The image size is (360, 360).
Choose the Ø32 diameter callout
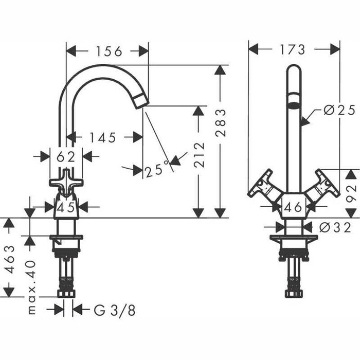[x=334, y=227]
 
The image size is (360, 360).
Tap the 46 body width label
[x=294, y=208]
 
